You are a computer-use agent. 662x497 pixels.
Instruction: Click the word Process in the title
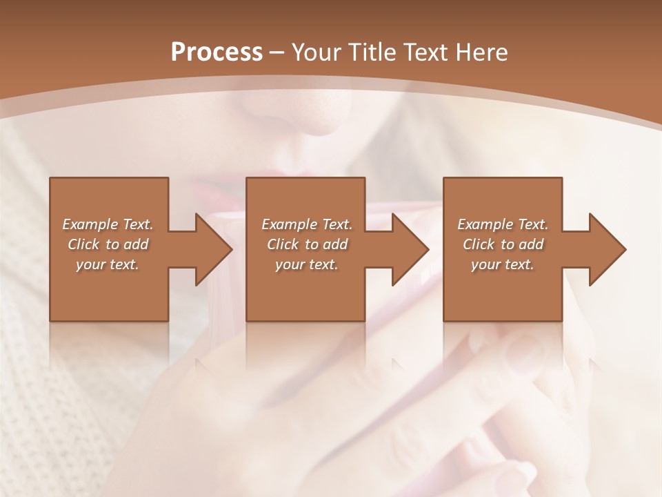(217, 52)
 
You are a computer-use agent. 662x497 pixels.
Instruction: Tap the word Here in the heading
(481, 52)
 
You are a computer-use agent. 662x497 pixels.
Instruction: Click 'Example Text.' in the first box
(108, 224)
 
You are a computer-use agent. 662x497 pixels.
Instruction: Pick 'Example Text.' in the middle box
(306, 224)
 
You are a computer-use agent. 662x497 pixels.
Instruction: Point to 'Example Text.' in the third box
(503, 224)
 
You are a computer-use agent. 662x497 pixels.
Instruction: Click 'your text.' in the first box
(108, 264)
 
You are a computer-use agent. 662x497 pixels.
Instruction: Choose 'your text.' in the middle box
(306, 264)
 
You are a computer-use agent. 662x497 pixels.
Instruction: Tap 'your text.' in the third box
(503, 264)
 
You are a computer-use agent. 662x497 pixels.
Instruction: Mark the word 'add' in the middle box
(335, 244)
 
